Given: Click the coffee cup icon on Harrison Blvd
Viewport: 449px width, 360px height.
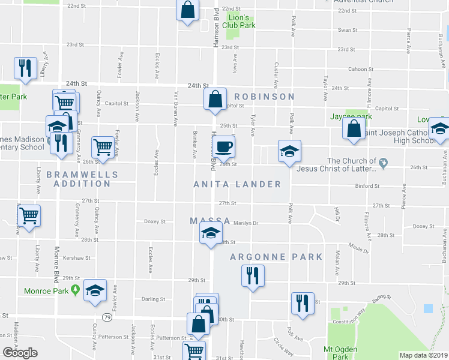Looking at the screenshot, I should click(223, 146).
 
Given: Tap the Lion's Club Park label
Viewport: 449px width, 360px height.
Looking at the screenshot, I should click(240, 22).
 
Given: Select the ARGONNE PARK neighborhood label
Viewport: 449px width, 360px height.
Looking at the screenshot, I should click(277, 257).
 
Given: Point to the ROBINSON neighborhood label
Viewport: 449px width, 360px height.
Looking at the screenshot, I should click(264, 97).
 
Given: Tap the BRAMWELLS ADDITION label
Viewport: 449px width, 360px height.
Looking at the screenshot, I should click(82, 179).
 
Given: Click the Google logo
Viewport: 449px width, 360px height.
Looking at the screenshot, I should click(20, 352).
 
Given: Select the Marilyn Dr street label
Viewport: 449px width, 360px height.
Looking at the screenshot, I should click(246, 223).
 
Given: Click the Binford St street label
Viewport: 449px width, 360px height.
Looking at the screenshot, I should click(369, 187).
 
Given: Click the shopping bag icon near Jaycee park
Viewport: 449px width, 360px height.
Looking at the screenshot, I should click(354, 128).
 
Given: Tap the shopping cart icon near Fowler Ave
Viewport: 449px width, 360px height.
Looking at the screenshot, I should click(103, 146).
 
